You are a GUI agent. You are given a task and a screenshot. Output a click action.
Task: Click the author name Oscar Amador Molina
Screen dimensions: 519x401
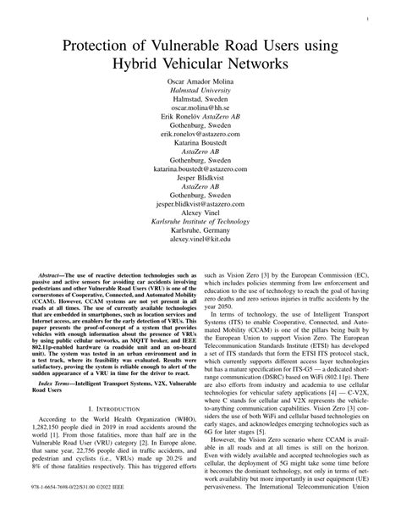[200, 83]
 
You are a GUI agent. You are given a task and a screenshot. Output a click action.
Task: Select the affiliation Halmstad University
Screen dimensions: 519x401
[200, 92]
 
